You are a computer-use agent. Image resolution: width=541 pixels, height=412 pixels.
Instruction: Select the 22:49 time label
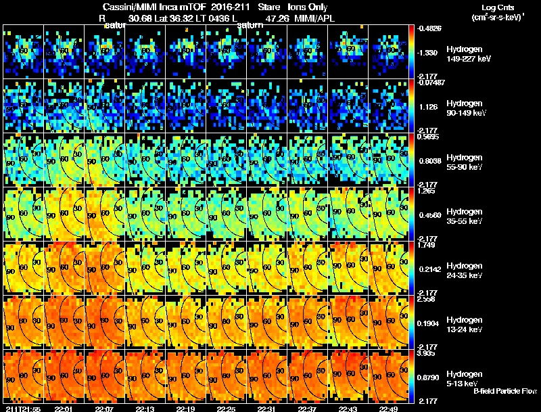[387, 409]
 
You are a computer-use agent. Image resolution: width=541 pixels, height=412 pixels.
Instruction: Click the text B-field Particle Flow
[505, 391]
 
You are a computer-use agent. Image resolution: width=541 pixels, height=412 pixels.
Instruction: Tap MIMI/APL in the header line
[313, 19]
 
